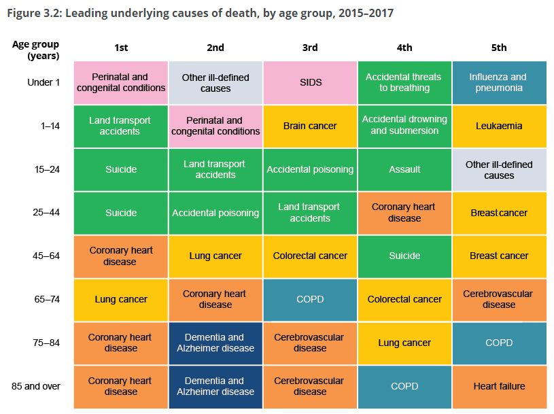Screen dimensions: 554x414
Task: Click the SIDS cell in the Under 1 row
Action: click(x=310, y=83)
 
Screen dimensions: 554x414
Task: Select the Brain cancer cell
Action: click(x=310, y=126)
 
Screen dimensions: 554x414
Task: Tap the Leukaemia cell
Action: click(x=499, y=126)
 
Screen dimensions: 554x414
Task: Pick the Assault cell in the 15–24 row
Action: click(x=404, y=169)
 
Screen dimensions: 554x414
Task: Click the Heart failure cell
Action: click(x=499, y=386)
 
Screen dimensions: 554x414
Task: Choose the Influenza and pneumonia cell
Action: click(x=499, y=83)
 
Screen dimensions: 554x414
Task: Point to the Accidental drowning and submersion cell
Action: click(x=404, y=126)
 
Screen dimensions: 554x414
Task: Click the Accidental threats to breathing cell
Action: click(x=404, y=83)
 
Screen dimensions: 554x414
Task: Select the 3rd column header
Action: click(x=310, y=48)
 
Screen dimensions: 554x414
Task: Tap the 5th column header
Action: click(x=499, y=48)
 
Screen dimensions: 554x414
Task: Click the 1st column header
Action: click(x=121, y=48)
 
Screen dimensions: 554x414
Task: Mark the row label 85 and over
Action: click(x=35, y=386)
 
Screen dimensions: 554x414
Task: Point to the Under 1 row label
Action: click(x=44, y=83)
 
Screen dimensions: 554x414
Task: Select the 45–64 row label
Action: click(x=46, y=256)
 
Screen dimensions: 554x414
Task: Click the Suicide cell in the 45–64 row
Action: click(x=404, y=256)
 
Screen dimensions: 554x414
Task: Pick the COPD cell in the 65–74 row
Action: click(x=310, y=300)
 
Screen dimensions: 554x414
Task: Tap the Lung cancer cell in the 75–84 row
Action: click(x=404, y=343)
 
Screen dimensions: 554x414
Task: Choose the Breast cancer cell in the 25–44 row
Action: click(x=499, y=213)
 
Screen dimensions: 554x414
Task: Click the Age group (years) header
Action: click(x=35, y=50)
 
